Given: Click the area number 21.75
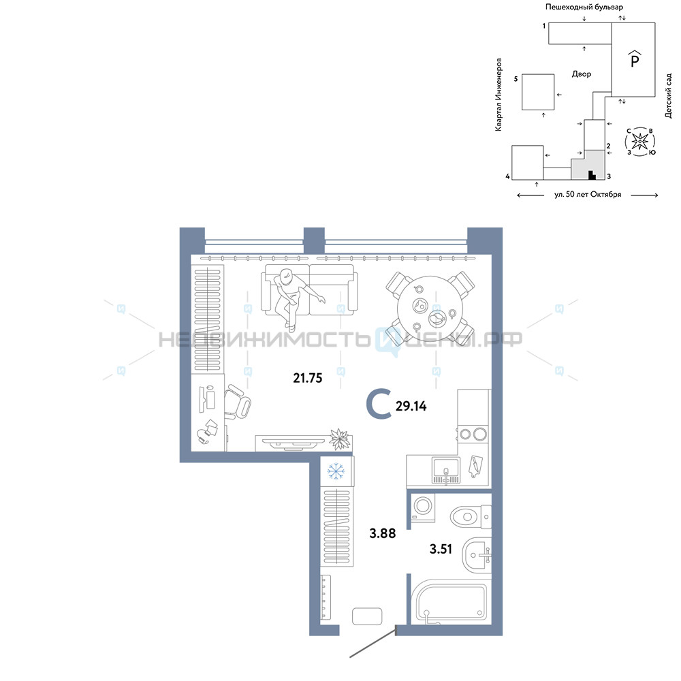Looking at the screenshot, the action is pos(308,378).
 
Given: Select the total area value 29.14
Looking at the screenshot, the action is pos(411,406).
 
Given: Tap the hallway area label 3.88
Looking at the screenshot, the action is pos(383,533).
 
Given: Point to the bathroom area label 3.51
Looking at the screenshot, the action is pos(441,549).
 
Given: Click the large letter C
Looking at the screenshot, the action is pos(379,405).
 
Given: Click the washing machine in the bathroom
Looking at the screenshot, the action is pos(423,508).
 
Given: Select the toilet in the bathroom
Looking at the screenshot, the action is pos(471,517).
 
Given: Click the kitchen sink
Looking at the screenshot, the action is pos(445,471).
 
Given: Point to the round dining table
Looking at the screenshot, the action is pos(430,308).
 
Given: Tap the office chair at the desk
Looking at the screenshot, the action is pos(237,401).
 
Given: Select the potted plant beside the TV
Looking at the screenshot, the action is pos(340,439).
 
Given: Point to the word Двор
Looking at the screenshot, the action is pos(582,74).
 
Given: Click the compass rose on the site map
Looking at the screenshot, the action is pos(639,141).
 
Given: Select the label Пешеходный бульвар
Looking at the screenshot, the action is pos(584,7).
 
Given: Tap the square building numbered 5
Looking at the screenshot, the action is pos(538,92).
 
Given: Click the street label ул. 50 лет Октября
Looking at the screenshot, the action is pos(588,195).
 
